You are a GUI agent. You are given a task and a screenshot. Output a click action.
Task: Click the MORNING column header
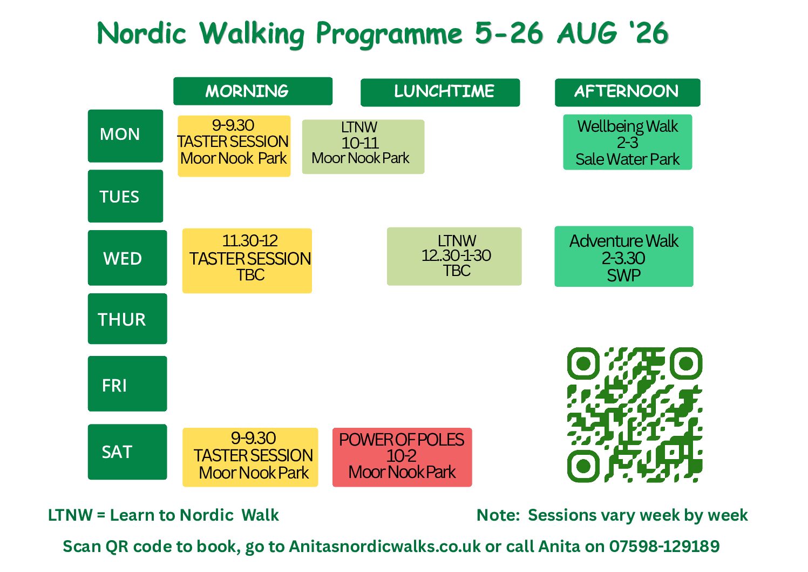click(x=253, y=91)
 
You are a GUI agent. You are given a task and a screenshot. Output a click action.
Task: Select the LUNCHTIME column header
click(x=440, y=92)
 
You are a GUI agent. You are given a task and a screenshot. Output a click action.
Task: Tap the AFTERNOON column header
click(x=628, y=92)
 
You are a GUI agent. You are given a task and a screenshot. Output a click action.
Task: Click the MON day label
click(x=126, y=136)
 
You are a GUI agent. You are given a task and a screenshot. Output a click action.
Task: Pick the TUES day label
click(x=126, y=196)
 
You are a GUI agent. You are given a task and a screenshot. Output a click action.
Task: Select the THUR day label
click(x=127, y=319)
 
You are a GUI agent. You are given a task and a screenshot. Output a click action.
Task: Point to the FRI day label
click(x=127, y=383)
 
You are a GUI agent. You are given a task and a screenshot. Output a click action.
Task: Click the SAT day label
click(x=127, y=452)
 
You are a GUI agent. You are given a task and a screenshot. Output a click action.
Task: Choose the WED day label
click(x=127, y=258)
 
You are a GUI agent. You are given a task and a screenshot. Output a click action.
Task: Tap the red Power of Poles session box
click(x=402, y=457)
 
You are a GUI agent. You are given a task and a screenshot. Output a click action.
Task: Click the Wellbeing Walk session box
click(x=628, y=142)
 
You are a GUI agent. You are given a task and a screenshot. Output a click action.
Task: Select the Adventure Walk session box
click(x=624, y=257)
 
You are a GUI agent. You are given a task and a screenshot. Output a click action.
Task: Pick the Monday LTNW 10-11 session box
click(x=363, y=147)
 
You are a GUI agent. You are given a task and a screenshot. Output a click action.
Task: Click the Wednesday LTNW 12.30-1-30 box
click(x=454, y=257)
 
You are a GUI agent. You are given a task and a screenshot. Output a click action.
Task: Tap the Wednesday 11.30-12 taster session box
click(x=247, y=261)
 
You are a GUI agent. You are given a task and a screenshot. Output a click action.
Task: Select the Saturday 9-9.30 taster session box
click(x=250, y=457)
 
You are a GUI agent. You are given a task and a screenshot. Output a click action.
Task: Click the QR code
click(x=635, y=415)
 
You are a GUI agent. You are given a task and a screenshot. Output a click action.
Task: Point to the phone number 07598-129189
click(x=664, y=547)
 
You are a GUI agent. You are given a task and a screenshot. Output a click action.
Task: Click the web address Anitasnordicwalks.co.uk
click(x=384, y=547)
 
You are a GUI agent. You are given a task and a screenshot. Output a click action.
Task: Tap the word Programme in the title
click(x=389, y=34)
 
